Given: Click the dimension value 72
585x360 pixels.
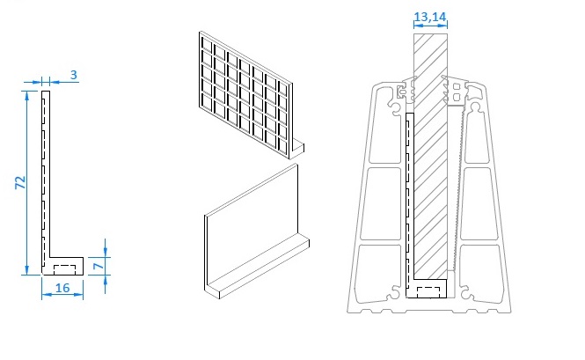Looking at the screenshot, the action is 21,182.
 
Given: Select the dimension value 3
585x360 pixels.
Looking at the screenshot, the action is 74,75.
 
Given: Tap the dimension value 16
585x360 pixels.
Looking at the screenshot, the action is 62,288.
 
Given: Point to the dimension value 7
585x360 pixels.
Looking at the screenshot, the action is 99,266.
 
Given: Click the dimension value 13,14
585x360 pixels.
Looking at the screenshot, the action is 430,17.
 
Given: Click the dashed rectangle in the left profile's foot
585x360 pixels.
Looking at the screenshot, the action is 65,269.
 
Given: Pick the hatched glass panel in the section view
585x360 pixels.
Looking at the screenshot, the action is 430,156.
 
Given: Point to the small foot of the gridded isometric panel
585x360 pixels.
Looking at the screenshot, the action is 297,148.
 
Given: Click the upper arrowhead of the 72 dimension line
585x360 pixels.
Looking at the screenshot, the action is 26,96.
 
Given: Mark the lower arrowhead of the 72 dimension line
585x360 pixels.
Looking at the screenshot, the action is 26,269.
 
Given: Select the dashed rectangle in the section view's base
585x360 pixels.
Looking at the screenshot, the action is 428,292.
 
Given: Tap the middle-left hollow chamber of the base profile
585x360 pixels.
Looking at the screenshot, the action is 381,203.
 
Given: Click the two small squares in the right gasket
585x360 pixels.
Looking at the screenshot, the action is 457,92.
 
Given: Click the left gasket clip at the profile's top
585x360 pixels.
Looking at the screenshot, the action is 406,90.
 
